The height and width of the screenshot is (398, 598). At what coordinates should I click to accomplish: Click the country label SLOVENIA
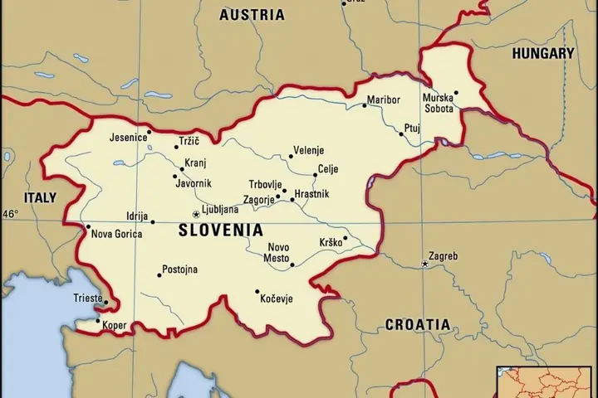[220, 230]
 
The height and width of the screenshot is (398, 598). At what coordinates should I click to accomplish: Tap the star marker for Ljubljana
[196, 214]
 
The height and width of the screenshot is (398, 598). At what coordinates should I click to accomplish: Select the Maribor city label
[384, 100]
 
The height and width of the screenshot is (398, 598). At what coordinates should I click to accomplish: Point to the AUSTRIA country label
[251, 15]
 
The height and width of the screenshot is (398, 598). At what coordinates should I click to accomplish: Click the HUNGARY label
[542, 53]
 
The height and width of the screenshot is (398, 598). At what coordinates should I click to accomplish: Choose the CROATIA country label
[417, 324]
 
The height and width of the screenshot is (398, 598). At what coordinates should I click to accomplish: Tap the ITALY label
[39, 197]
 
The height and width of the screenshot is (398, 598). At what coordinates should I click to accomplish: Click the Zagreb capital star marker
[424, 264]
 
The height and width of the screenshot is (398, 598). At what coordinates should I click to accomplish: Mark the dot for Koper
[98, 321]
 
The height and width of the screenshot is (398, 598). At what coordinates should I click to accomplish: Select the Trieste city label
[87, 298]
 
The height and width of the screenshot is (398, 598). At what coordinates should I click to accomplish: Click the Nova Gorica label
[116, 234]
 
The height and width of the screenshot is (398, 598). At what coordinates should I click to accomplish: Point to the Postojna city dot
[159, 274]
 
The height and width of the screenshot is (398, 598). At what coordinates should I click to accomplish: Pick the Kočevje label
[277, 298]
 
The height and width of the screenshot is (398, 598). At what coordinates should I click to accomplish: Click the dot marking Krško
[346, 237]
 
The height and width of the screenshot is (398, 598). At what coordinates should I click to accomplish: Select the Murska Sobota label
[439, 104]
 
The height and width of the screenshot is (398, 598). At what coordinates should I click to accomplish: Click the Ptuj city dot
[401, 134]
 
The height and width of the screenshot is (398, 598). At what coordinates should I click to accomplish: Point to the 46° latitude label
[9, 214]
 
